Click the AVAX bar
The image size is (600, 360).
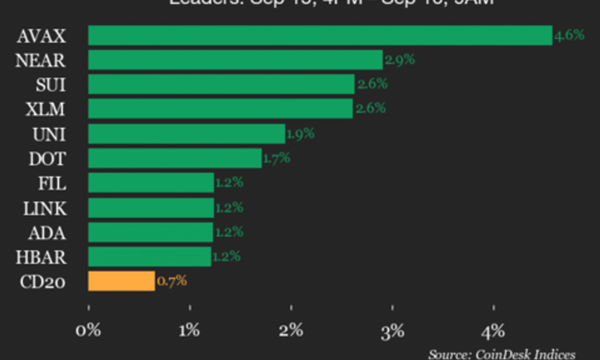[320, 35]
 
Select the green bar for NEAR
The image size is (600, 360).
[235, 60]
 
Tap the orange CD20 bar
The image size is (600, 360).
[121, 281]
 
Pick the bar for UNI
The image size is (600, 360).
[187, 134]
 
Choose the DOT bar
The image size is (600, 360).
[175, 158]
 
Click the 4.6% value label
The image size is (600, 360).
[569, 35]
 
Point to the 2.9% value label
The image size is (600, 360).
[400, 59]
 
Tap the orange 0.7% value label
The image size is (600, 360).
[172, 280]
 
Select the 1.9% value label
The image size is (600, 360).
[300, 133]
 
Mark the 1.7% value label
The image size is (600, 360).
[276, 158]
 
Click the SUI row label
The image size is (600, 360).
[50, 85]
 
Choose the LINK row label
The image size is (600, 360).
[44, 208]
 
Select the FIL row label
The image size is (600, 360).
[52, 183]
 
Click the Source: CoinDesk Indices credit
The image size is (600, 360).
[502, 354]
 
